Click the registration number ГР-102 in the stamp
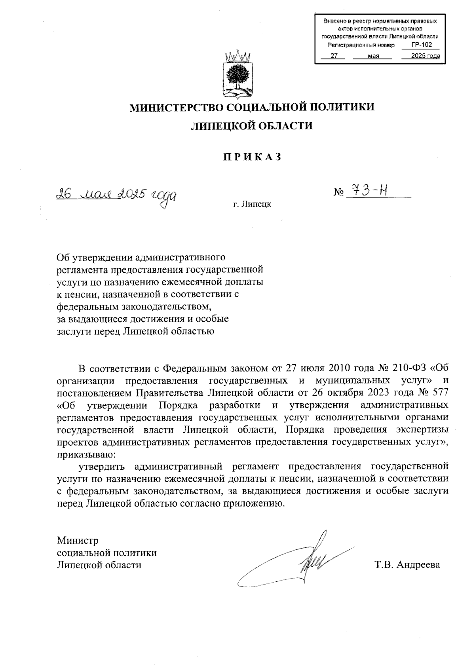[x=421, y=45]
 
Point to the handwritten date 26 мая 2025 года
[x=116, y=195]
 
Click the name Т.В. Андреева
[x=407, y=565]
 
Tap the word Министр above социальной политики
[x=78, y=541]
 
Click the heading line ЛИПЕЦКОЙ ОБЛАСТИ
[x=252, y=126]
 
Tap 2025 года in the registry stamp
[x=426, y=56]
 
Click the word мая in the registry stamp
[x=373, y=56]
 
